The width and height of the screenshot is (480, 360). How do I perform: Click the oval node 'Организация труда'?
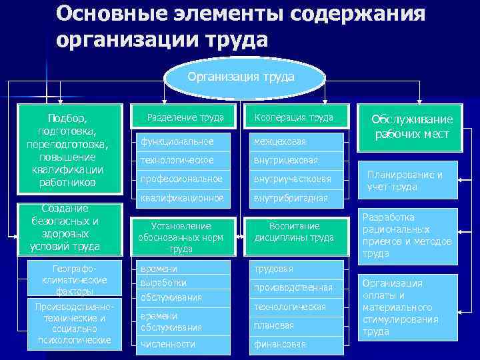click(x=241, y=77)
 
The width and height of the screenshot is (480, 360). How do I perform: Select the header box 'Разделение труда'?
click(x=181, y=118)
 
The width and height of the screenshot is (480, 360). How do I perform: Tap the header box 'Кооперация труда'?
click(x=293, y=118)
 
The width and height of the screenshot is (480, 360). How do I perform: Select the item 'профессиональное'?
click(x=180, y=179)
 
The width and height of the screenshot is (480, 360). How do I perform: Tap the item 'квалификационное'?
click(x=180, y=198)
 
